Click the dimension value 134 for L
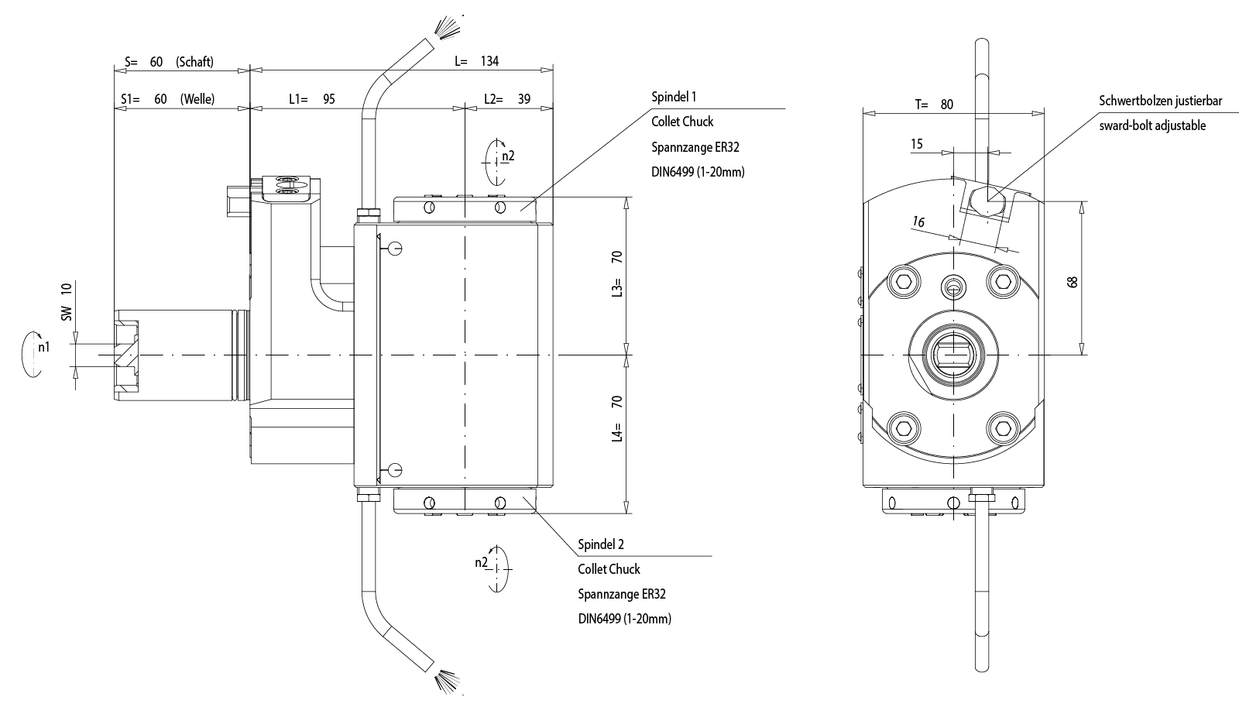[489, 61]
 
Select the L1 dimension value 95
[328, 99]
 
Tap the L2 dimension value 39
[523, 99]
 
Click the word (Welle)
[197, 99]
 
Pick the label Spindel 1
[674, 97]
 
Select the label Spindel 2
[601, 544]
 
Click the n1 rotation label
[44, 347]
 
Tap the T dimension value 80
[946, 105]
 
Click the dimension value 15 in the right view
[917, 144]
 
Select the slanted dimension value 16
[918, 222]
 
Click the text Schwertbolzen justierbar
[1160, 101]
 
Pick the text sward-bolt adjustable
[1152, 125]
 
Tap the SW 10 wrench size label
[67, 301]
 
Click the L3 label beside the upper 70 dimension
[617, 288]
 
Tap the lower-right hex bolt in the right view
[1003, 427]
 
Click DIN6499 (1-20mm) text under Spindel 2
[624, 619]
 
